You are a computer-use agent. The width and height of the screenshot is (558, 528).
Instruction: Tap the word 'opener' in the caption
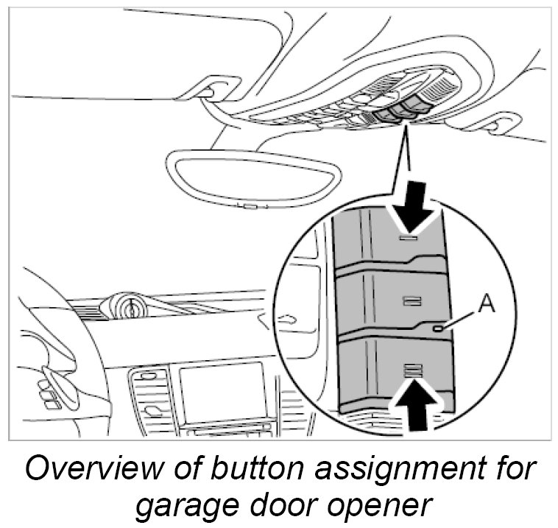384,506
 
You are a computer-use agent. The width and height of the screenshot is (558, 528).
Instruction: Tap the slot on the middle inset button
411,300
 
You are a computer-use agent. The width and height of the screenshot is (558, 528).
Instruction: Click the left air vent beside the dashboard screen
152,401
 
